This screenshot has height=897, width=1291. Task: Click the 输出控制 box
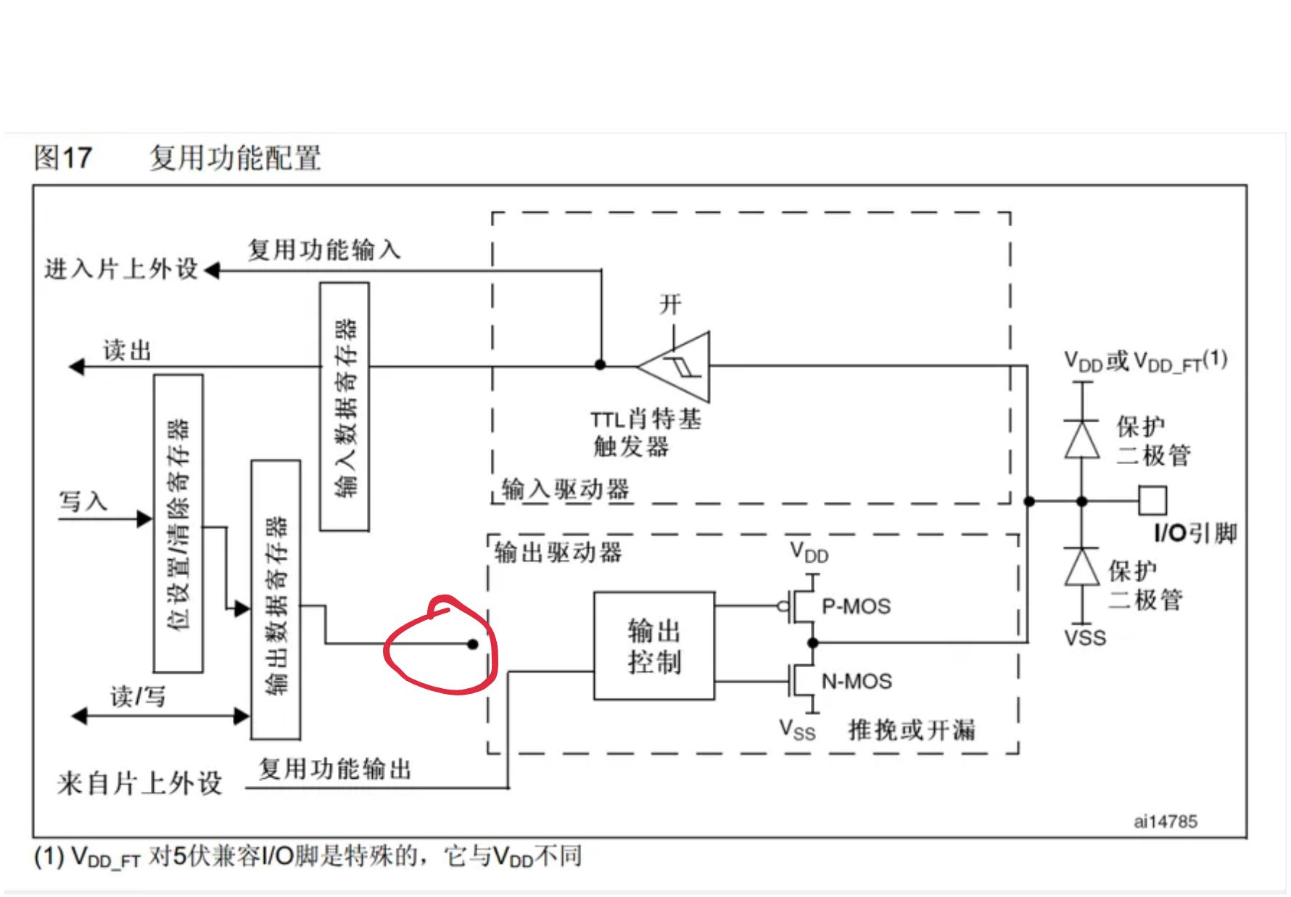[653, 645]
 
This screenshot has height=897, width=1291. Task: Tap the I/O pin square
[1152, 500]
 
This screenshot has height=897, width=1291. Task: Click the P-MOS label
[856, 606]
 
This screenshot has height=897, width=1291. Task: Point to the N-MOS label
[857, 682]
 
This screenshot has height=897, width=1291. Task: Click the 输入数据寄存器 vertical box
[345, 407]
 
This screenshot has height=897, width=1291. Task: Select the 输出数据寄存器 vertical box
[276, 600]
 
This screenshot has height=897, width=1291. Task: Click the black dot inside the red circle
[473, 644]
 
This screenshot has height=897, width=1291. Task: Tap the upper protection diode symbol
[1082, 439]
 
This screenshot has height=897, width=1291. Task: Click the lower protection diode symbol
[1082, 566]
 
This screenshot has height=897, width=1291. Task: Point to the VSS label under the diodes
[1085, 638]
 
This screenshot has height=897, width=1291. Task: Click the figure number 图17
[63, 157]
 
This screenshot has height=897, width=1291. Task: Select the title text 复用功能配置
[235, 157]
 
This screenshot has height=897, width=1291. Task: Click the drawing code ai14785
[1166, 822]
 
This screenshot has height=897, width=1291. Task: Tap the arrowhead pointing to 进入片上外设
[212, 270]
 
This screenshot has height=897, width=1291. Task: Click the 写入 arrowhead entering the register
[145, 518]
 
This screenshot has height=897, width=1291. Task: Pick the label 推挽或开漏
[912, 729]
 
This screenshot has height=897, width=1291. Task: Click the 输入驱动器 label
[565, 489]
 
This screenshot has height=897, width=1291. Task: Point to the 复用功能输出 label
[335, 769]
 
